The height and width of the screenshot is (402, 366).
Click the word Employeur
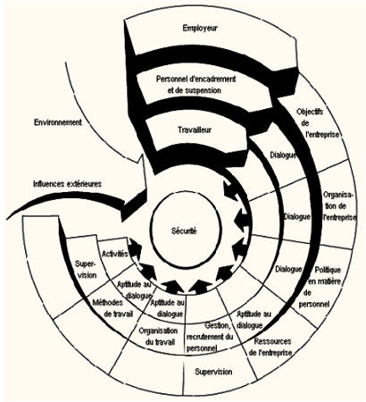(x=200, y=29)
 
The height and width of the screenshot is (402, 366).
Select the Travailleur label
(x=195, y=130)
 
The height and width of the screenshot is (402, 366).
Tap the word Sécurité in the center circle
(x=184, y=230)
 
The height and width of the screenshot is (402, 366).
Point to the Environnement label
(x=58, y=122)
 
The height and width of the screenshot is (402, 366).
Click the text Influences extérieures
(x=67, y=184)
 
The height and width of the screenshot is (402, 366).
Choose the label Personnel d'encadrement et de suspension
(x=195, y=85)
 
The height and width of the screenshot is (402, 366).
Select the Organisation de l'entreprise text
(x=339, y=206)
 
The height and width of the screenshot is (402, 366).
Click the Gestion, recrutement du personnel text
(x=209, y=337)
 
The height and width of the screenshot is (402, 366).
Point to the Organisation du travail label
(x=158, y=336)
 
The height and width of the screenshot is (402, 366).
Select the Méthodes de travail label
(x=112, y=308)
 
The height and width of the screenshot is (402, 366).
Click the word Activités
(x=115, y=254)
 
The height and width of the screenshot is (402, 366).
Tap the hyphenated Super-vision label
(x=86, y=269)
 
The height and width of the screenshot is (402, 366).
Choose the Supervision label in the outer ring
(x=213, y=372)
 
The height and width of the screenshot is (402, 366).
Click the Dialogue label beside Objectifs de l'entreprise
(x=283, y=155)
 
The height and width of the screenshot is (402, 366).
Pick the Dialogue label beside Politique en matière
(x=288, y=269)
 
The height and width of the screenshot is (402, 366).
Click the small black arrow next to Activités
(x=135, y=249)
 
